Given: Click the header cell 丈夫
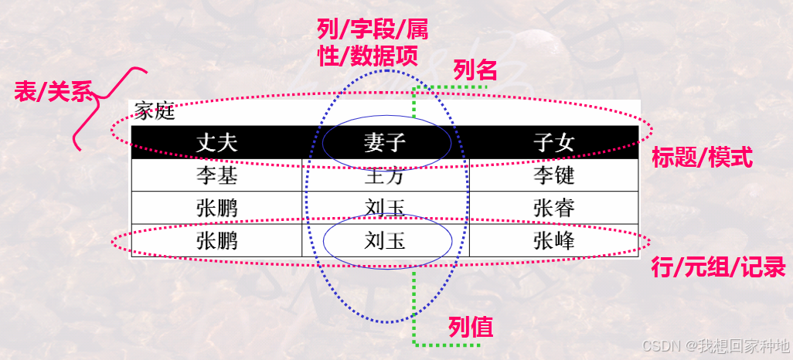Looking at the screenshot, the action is pos(216,143).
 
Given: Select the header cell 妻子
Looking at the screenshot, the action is pos(385,143).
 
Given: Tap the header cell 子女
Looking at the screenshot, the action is pos(553,143).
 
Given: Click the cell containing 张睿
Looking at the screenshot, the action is pos(553,209).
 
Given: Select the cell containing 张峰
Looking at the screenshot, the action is pos(553,241).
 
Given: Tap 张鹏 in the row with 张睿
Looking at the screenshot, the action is pos(216,209).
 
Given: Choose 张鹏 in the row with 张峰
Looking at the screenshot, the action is pos(216,241).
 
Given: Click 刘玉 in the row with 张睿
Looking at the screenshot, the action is pos(385,209).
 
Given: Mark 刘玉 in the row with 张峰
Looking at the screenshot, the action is pos(385,241).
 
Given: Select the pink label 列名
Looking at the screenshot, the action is pos(475,72).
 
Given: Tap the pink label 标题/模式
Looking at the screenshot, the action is pos(702,158).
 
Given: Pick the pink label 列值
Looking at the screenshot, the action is pos(471,328).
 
